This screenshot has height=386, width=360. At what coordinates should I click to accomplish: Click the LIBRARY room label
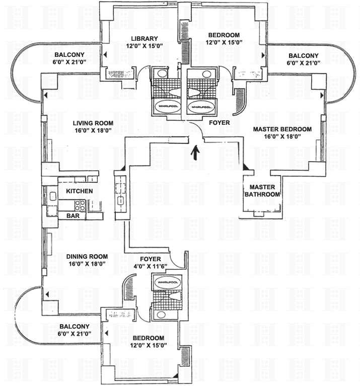tap(145, 38)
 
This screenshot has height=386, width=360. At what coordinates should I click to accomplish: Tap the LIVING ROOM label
tap(93, 123)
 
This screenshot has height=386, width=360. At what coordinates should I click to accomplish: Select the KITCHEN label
tap(80, 191)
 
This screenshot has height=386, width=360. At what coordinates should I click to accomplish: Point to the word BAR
tap(73, 215)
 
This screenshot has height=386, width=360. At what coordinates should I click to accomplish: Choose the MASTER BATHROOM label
tap(261, 191)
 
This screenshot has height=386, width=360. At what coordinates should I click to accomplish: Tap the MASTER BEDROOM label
tap(281, 129)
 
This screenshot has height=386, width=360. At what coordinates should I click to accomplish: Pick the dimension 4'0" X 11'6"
tap(150, 266)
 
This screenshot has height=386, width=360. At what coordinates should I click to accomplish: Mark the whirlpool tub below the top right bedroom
tap(201, 107)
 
